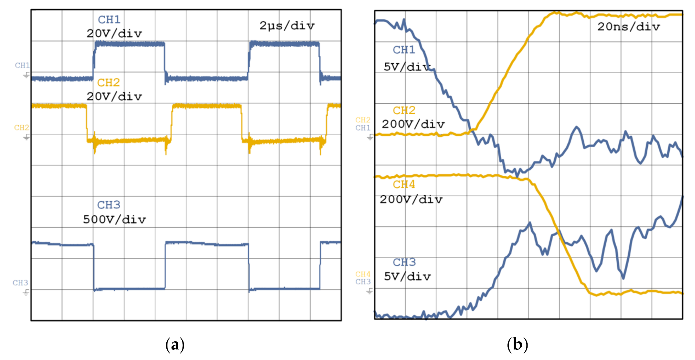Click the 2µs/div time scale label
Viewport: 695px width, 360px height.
287,26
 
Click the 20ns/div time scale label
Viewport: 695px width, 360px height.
628,27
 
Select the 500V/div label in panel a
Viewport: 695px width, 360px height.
114,219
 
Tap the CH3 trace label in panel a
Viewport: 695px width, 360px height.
108,205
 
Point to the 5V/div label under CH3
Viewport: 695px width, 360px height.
407,276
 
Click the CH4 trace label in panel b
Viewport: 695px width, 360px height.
404,184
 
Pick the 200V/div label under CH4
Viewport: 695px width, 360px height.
411,200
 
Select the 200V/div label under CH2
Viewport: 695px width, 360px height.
413,124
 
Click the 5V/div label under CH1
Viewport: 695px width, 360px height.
407,67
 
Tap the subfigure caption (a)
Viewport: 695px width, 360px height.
175,345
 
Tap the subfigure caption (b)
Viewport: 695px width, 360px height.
517,345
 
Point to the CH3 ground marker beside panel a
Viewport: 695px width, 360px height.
26,292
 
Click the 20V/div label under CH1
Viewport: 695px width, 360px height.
114,34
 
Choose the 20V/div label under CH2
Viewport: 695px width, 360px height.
114,97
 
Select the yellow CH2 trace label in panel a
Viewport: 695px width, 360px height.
108,82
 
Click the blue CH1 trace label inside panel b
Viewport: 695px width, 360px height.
404,50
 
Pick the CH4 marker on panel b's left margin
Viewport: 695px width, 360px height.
363,274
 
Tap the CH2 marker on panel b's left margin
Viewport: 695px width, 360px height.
363,120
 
